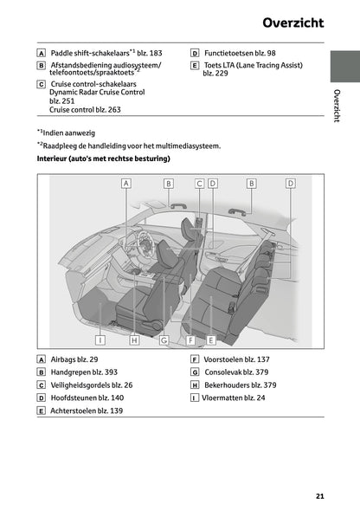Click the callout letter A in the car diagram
pyautogui.click(x=125, y=184)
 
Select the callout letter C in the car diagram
pyautogui.click(x=199, y=184)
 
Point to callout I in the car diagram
pyautogui.click(x=100, y=340)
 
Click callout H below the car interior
pyautogui.click(x=134, y=340)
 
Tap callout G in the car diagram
pyautogui.click(x=163, y=340)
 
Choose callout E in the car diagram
pyautogui.click(x=210, y=340)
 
